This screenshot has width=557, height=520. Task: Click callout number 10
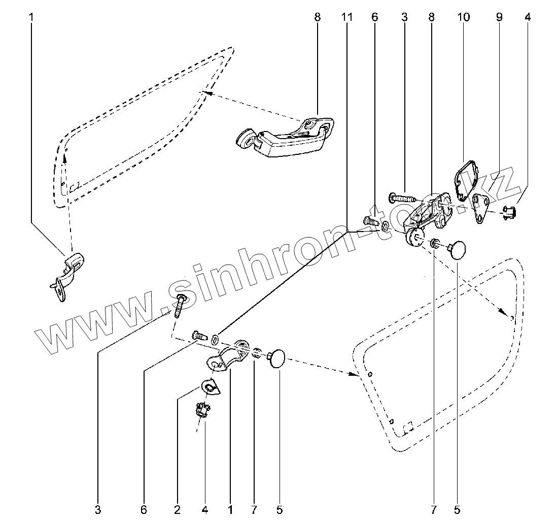tap(463, 17)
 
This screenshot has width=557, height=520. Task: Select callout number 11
tap(346, 17)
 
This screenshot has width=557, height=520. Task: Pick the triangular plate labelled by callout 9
tap(480, 208)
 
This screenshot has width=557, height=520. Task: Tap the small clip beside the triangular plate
tap(509, 211)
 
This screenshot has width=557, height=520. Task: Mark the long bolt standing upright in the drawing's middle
tap(179, 305)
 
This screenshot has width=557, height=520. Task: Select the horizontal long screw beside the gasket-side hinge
tap(401, 196)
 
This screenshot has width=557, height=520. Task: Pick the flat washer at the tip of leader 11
tap(216, 338)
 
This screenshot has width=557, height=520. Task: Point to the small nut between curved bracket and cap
tap(258, 352)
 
